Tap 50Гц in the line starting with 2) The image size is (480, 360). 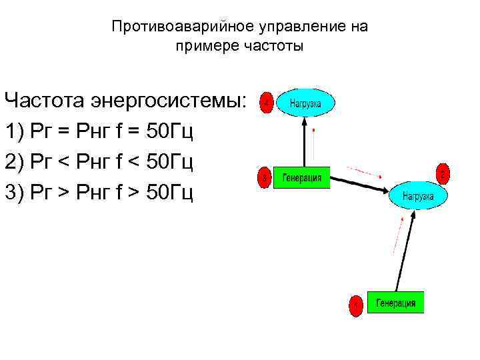tap(170, 162)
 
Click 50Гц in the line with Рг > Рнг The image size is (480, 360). tap(170, 193)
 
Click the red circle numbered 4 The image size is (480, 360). tap(267, 103)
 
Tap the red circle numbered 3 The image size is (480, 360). tap(265, 178)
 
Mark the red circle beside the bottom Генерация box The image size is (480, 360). tap(357, 305)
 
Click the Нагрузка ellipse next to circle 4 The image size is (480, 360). tap(305, 103)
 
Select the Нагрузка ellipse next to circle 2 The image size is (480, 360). tap(418, 196)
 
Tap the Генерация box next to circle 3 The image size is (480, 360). tap(301, 178)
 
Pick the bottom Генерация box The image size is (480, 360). tap(395, 303)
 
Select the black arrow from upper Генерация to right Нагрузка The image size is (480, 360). tap(360, 183)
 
